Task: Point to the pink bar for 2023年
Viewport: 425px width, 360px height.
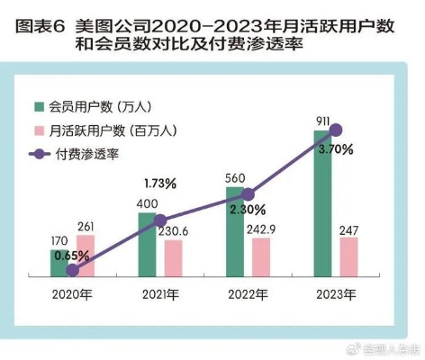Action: point(348,257)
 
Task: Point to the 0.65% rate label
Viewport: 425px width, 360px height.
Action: point(72,256)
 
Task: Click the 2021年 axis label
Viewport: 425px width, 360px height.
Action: point(160,295)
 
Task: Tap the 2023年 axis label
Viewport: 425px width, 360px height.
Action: point(337,295)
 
